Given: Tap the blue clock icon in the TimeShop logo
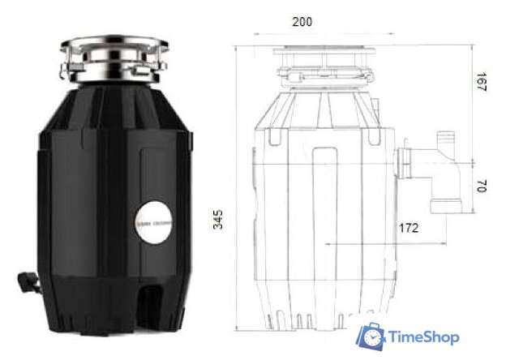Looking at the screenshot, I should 372,336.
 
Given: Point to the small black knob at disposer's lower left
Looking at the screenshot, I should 28,281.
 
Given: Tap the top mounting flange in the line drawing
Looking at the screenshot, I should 325,53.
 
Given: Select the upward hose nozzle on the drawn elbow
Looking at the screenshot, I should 445,139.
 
